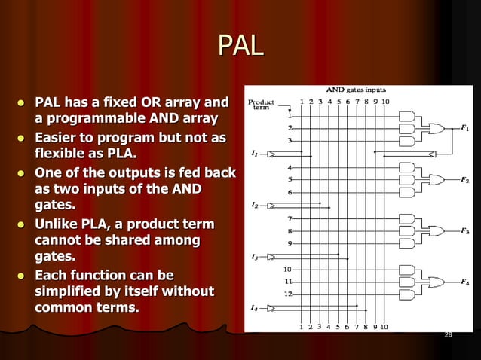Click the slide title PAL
240,46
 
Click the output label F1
465,129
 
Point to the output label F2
465,180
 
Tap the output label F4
465,282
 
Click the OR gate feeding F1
435,129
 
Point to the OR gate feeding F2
435,180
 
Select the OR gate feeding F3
435,231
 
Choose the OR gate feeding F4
435,282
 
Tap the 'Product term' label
262,105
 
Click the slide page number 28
449,334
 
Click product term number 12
288,294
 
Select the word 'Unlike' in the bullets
61,225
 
